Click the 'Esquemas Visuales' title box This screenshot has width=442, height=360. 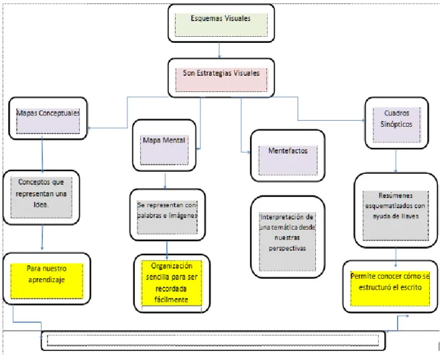tap(221, 23)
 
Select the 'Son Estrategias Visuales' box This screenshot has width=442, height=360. tap(221, 78)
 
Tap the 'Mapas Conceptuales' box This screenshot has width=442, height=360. tap(48, 118)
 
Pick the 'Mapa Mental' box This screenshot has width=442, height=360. tap(164, 145)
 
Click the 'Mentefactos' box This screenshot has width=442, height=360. tap(288, 155)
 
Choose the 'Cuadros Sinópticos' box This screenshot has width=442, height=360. tap(396, 123)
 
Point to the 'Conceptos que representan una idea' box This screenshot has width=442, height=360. tap(41, 197)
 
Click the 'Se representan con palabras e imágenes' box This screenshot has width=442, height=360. tap(168, 215)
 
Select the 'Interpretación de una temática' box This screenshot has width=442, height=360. tap(287, 237)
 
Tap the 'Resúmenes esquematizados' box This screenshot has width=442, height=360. tap(396, 211)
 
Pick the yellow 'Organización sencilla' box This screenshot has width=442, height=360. tap(172, 284)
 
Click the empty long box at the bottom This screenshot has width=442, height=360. tap(213, 340)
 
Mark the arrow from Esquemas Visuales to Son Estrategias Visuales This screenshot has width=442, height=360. tap(219, 50)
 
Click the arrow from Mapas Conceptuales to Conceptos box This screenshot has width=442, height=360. tap(42, 155)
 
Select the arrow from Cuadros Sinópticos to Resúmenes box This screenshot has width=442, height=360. tap(396, 160)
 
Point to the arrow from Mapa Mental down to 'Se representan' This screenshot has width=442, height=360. tap(165, 181)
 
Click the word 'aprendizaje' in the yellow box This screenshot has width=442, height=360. tap(46, 280)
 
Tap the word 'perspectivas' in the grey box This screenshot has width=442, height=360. tap(287, 249)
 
